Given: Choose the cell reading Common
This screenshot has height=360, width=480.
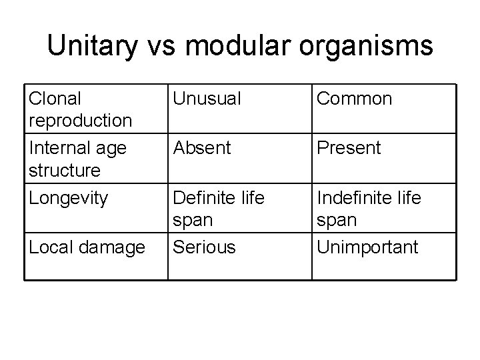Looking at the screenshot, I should (355, 99).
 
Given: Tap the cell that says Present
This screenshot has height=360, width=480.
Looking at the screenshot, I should (349, 148).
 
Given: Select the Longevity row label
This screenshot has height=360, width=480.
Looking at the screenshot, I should (67, 199).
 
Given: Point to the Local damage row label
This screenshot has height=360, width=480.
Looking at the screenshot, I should (87, 247).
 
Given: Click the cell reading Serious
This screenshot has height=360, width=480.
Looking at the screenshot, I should (204, 247).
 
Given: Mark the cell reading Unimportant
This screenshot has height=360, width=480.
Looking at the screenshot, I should (367, 247).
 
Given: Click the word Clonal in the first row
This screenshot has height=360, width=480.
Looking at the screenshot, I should (55, 99).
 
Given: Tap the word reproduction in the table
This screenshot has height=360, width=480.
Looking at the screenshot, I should (80, 121).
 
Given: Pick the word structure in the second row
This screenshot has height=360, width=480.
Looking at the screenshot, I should (65, 170).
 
